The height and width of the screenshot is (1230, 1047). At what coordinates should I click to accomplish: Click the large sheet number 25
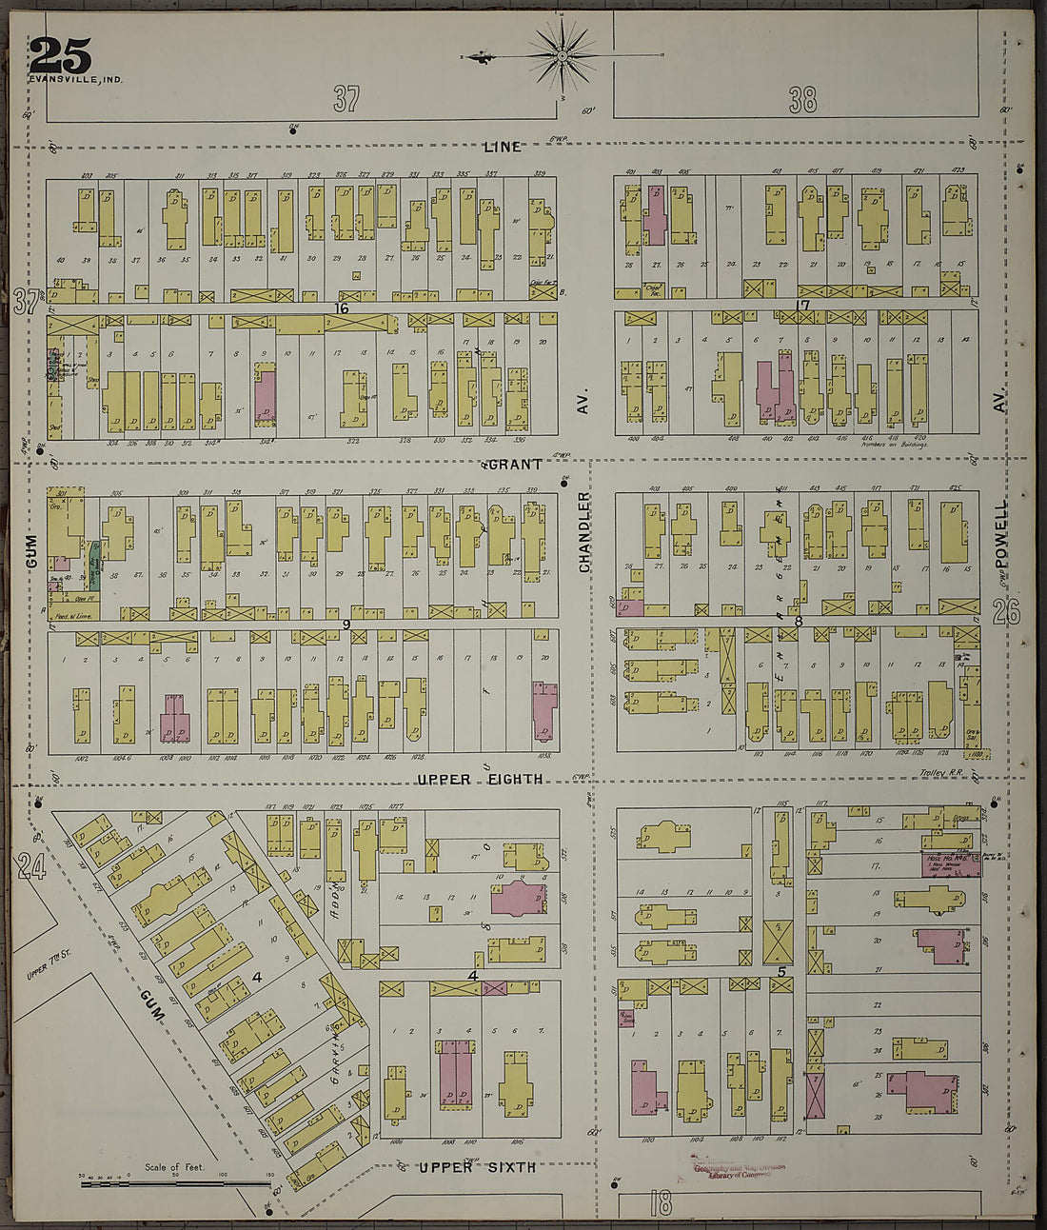pyautogui.click(x=60, y=55)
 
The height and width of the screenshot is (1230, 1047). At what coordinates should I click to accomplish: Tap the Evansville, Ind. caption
pyautogui.click(x=75, y=79)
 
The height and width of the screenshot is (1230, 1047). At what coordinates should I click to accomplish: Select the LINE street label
pyautogui.click(x=502, y=147)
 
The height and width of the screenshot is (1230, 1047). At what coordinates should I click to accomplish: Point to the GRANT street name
pyautogui.click(x=515, y=465)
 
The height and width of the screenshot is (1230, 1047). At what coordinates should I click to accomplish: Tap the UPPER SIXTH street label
pyautogui.click(x=477, y=1167)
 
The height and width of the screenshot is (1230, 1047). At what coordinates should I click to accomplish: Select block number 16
pyautogui.click(x=341, y=308)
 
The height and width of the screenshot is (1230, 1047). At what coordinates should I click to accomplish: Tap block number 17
pyautogui.click(x=802, y=306)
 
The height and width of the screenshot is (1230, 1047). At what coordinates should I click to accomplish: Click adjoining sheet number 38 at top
pyautogui.click(x=802, y=99)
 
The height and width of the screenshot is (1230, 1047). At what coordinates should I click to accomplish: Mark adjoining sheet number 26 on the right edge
pyautogui.click(x=1006, y=613)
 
